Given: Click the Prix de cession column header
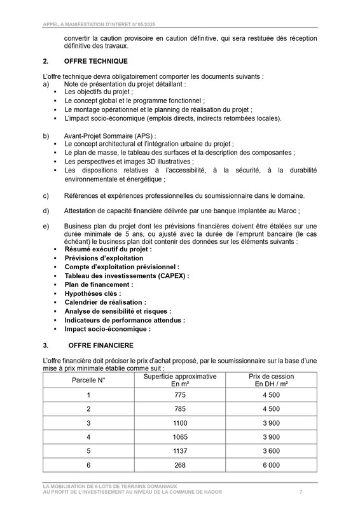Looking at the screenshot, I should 272,380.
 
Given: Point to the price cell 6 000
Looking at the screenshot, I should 272,466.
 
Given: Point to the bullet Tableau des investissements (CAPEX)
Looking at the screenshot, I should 126,276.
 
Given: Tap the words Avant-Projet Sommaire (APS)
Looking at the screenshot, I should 109,136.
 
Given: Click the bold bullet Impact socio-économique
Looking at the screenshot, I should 107,330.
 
